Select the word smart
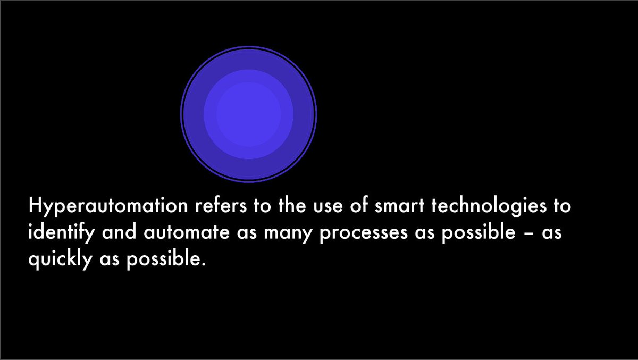pos(400,206)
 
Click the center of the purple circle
pos(248,114)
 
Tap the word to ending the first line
pos(562,206)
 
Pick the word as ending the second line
pos(551,235)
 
